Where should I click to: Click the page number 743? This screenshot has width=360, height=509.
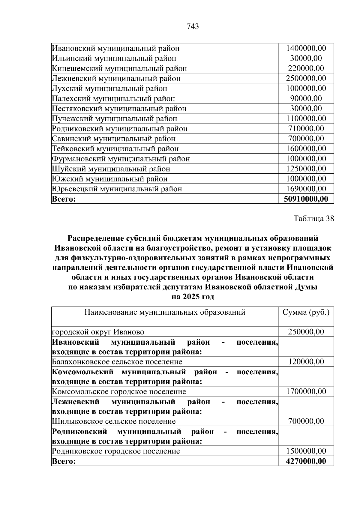coord(193,27)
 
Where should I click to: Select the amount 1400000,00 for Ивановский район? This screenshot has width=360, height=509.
coord(306,48)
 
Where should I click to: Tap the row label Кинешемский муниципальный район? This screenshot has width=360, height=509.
coord(119,68)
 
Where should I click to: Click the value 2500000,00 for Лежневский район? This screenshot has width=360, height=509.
coord(306,79)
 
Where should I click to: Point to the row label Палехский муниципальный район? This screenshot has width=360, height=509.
coord(113,99)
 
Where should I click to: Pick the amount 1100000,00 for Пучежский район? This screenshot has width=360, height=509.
coord(306,118)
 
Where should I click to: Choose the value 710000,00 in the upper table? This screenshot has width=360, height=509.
coord(306,129)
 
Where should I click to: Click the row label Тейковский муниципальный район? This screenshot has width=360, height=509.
coord(115,149)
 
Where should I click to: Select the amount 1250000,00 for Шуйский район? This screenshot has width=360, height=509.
coord(306,169)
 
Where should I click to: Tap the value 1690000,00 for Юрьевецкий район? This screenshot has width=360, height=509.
coord(306,189)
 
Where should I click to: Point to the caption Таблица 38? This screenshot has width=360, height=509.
coord(314,218)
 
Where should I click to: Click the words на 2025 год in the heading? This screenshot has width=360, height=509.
coord(193,297)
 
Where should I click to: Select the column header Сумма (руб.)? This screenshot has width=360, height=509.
coord(306,313)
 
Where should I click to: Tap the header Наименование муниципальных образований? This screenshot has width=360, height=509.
coord(165,313)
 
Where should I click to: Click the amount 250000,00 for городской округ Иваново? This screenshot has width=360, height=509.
coord(306,332)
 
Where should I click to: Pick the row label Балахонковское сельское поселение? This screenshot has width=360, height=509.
coord(117,362)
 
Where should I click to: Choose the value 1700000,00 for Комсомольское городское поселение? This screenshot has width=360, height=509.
coord(306,391)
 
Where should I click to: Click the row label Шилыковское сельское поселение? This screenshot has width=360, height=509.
coord(114,421)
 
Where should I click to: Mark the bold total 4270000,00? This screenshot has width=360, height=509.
coord(306,461)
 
